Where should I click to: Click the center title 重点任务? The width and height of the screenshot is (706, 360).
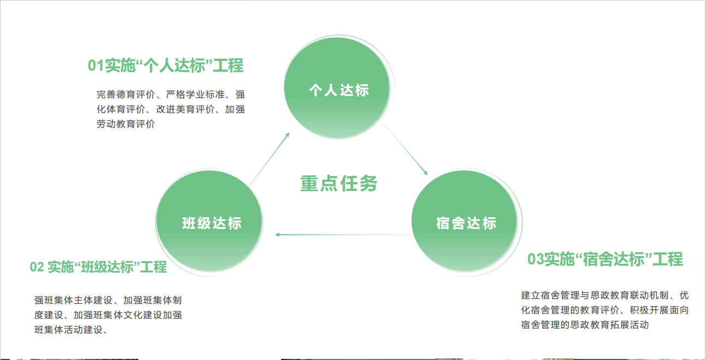[x=339, y=184]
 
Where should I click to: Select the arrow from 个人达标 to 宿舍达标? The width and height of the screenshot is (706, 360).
[x=405, y=149]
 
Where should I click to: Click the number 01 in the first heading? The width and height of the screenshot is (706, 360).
[x=96, y=66]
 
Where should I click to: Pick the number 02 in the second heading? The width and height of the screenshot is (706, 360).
[x=37, y=268]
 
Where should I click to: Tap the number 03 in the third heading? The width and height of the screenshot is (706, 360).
[x=536, y=259]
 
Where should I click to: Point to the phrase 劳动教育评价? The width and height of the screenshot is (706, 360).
[x=126, y=124]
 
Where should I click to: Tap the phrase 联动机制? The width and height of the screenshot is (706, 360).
[x=645, y=295]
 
